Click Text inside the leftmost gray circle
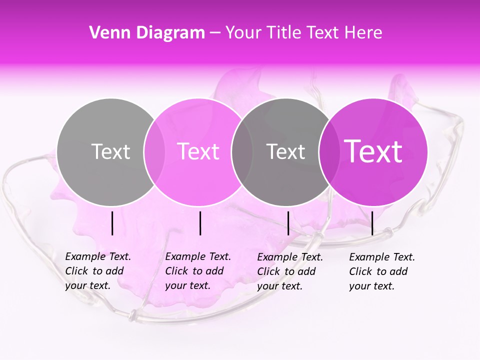[110, 151]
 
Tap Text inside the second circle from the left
[198, 151]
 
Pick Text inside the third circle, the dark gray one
[285, 151]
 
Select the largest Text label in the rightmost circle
[373, 151]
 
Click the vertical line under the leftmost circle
[112, 223]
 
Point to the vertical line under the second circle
[200, 223]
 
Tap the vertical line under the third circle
[288, 223]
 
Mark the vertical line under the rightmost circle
[372, 223]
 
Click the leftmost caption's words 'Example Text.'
[98, 257]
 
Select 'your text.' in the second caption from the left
[187, 286]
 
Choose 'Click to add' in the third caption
[286, 271]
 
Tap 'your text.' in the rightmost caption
[371, 286]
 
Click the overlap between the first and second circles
[154, 152]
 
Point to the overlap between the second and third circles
[242, 152]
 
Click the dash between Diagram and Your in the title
[215, 33]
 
